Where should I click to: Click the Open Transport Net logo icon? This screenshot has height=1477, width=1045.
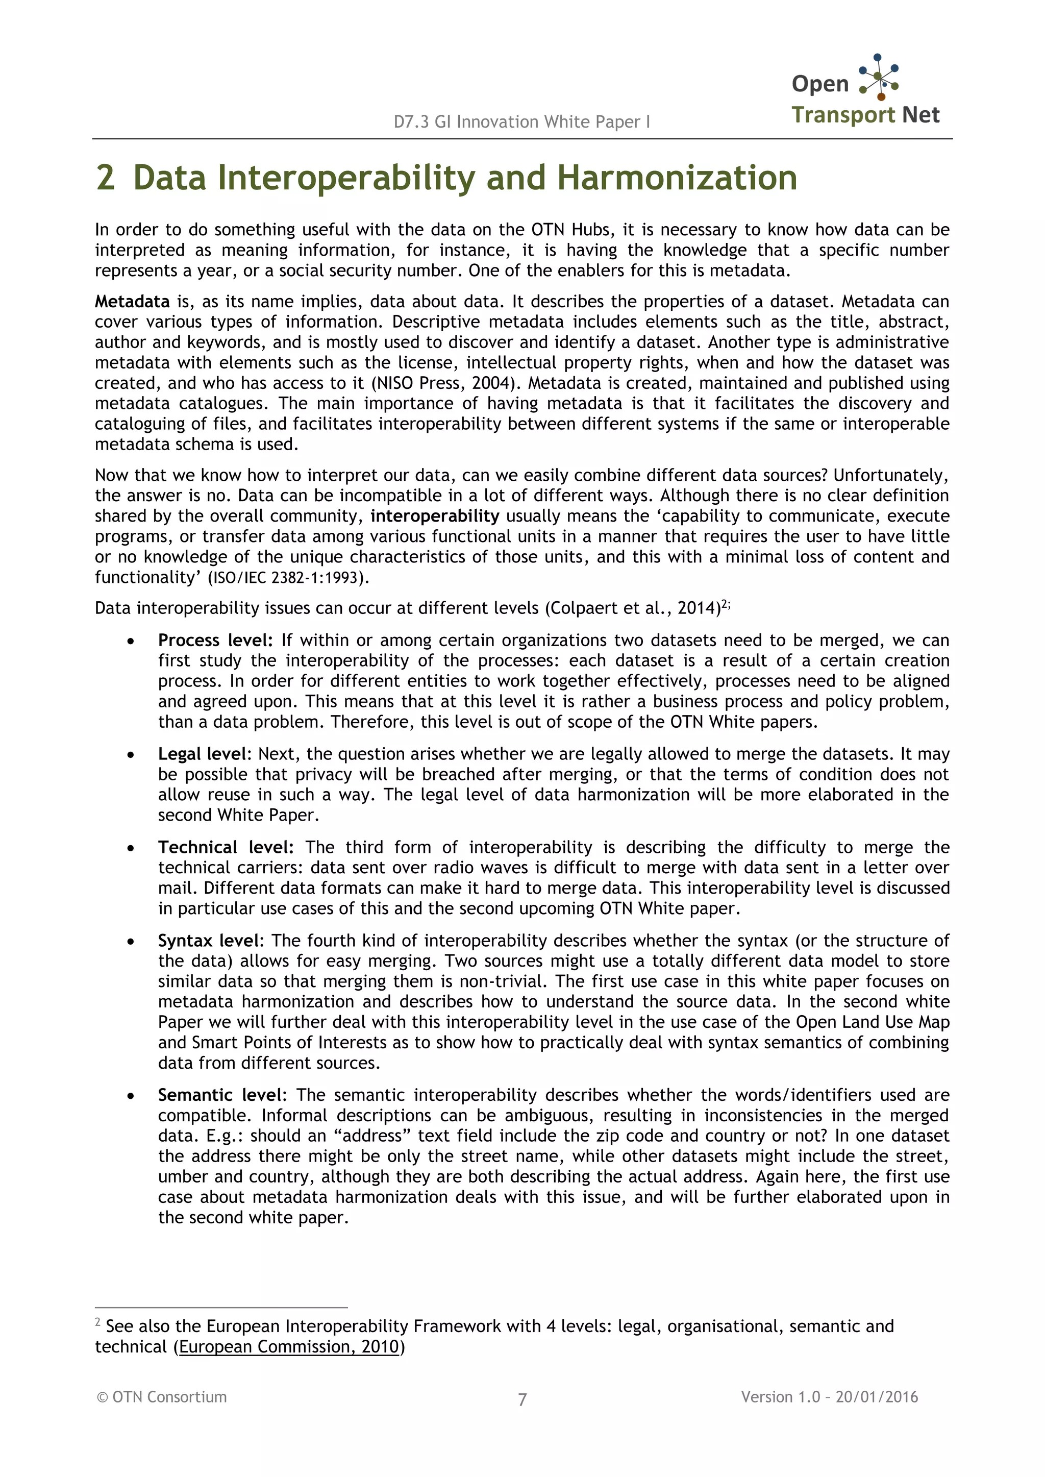click(x=879, y=77)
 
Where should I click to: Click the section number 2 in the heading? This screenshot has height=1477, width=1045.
click(x=106, y=178)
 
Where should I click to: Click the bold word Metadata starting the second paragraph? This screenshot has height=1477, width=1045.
click(x=132, y=301)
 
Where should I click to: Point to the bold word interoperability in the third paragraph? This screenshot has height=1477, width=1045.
click(x=435, y=515)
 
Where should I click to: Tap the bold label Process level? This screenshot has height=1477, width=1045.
click(x=215, y=641)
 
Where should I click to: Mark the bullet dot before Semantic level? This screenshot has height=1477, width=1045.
click(x=131, y=1096)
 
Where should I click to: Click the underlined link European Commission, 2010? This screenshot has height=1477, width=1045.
click(x=289, y=1346)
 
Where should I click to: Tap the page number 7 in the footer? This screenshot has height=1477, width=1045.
click(x=522, y=1399)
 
